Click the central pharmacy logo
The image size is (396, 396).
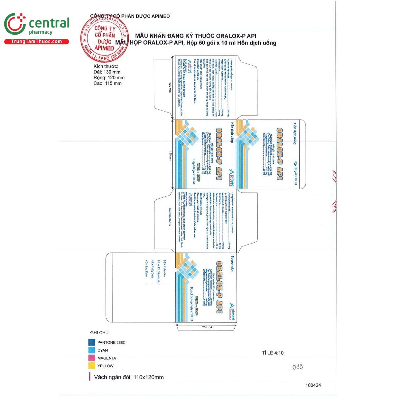coord(36,25)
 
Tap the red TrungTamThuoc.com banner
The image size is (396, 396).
coord(36,42)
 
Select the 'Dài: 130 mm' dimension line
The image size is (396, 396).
coord(107,72)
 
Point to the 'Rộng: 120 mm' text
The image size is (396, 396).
coord(109,78)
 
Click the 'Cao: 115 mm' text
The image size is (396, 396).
coord(107,83)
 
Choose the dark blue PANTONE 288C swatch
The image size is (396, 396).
coord(92,343)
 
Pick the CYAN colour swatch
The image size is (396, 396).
coord(92,350)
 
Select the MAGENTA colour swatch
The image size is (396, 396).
coord(92,358)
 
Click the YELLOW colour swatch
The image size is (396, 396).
coord(92,366)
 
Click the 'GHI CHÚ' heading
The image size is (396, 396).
coord(99,333)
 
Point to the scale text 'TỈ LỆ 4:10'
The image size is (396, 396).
coord(273,353)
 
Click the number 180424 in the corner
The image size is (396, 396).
coord(313,385)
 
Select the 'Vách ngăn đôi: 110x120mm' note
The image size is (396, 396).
coord(129,377)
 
